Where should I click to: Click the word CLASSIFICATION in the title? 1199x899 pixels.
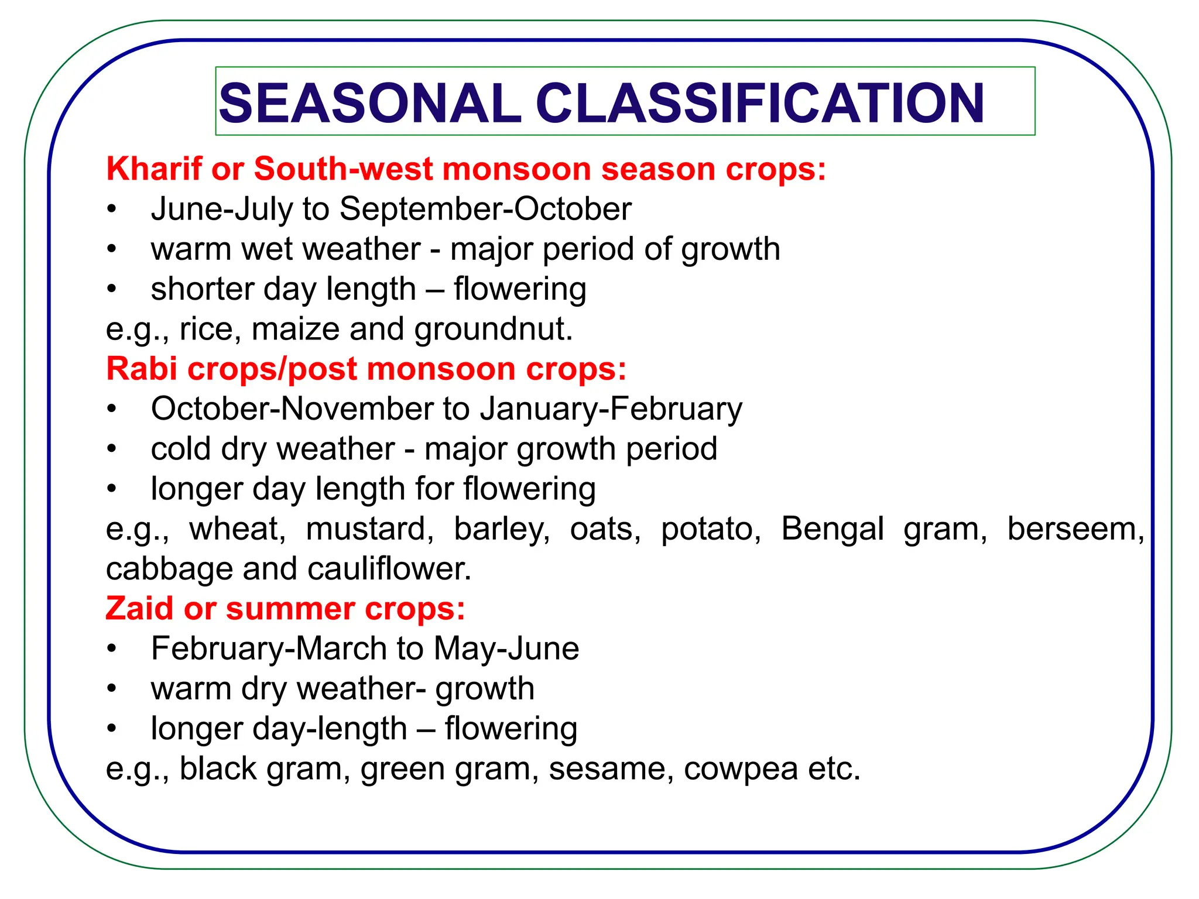(760, 104)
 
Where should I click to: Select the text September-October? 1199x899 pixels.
(485, 209)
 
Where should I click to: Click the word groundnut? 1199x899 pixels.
(493, 329)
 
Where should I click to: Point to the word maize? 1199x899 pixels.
(295, 329)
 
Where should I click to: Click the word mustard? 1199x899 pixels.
(369, 529)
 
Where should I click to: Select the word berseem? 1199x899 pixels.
(1075, 529)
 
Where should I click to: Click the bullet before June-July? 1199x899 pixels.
(112, 210)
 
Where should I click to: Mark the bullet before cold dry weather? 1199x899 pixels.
(112, 449)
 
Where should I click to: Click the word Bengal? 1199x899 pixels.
(832, 529)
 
